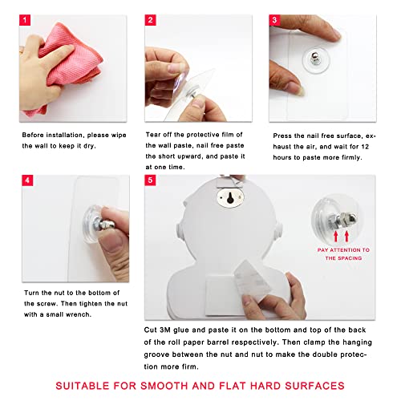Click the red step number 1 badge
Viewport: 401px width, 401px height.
coord(25,20)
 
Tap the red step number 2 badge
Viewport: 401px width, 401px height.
coord(150,20)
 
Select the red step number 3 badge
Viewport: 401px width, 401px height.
coord(274,20)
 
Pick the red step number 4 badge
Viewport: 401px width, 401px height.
coord(27,180)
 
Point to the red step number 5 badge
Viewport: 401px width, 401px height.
coord(150,180)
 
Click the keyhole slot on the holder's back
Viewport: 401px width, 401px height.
coord(230,198)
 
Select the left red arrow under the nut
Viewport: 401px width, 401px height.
coord(336,237)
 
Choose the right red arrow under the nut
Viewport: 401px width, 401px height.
coord(346,237)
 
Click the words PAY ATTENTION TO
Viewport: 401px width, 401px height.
coord(343,250)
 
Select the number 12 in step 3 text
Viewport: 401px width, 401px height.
coord(365,147)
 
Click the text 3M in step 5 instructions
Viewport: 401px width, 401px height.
coord(165,330)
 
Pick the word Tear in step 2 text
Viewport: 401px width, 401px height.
coord(152,135)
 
